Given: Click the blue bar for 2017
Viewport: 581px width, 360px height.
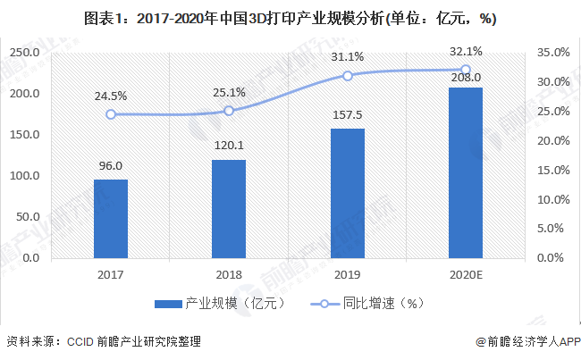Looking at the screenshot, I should coord(111,218).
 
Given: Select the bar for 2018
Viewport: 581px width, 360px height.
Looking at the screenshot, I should coord(229,208).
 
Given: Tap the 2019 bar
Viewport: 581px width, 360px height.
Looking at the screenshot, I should coord(348,193).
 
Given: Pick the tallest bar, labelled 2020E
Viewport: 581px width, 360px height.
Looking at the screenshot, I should coord(466,172).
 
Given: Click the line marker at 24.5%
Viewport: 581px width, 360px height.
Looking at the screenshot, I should coord(111,114).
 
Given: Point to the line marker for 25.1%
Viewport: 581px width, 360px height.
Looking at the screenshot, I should coord(229,111).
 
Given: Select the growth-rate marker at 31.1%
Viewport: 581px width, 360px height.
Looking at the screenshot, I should coord(348,76).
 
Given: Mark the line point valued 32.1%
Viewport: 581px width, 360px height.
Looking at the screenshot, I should coord(466,70).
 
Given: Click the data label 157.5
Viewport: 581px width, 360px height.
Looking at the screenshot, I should coord(348,118).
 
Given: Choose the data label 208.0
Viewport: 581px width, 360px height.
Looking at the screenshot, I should coord(466,78).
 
